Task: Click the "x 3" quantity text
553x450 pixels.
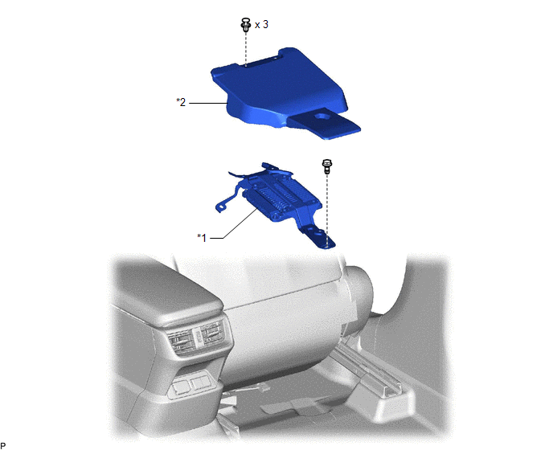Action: tap(261, 25)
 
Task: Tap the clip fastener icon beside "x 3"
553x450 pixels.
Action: tap(245, 24)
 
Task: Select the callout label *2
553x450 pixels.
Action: tap(181, 102)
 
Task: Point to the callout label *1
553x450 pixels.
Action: tap(202, 238)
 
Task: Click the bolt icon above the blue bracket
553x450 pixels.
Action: tap(327, 166)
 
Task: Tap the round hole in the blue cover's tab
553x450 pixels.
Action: tap(322, 116)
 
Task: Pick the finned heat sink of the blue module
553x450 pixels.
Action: tap(280, 197)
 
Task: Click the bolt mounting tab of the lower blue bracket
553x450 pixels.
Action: tap(319, 237)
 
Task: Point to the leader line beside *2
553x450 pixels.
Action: tap(207, 103)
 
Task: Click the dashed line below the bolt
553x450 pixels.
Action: tap(327, 209)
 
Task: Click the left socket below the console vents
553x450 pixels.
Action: tap(180, 387)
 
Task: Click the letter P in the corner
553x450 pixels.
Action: tap(3, 445)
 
